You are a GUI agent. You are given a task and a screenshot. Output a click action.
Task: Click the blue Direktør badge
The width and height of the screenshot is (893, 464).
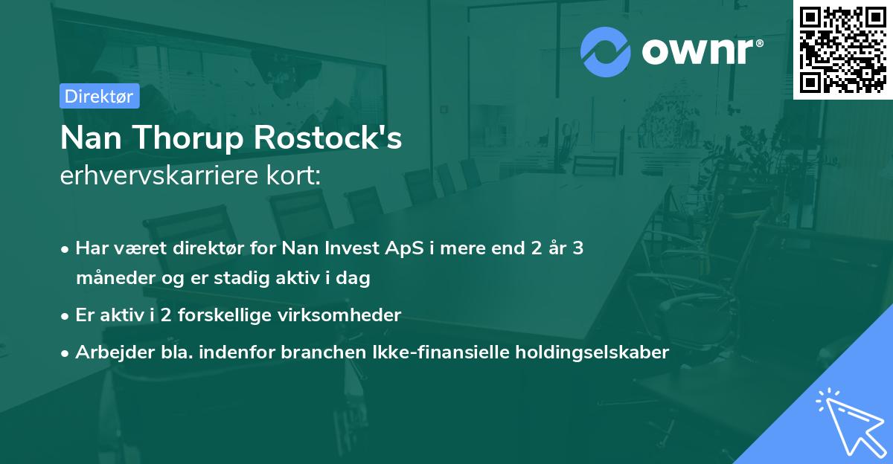(x=98, y=96)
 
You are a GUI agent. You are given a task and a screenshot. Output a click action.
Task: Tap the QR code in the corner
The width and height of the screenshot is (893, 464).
(x=843, y=49)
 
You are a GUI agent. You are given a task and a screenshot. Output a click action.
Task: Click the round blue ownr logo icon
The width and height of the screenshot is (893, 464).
(x=606, y=51)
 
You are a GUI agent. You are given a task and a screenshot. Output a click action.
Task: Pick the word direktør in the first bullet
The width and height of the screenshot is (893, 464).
(x=181, y=248)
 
